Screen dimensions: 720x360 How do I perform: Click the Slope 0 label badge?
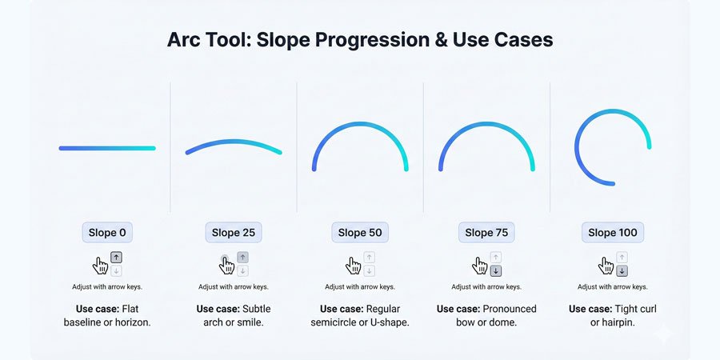tap(107, 232)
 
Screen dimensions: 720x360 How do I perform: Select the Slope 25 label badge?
tap(234, 232)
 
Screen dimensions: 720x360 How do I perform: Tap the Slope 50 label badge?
tap(360, 232)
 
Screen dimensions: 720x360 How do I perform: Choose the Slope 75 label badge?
tap(486, 232)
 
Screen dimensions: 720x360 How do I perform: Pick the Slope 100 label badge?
tap(613, 232)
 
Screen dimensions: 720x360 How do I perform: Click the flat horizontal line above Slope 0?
tap(107, 148)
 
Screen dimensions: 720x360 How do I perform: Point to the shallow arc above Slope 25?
tap(234, 141)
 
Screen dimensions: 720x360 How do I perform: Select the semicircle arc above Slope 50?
tap(360, 124)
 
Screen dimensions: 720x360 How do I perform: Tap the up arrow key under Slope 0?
tap(116, 258)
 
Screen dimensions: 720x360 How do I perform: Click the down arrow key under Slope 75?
tap(495, 271)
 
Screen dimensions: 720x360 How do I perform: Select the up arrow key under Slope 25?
tap(243, 258)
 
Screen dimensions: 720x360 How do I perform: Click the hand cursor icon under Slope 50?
tap(353, 266)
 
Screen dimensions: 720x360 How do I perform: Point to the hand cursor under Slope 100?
tap(606, 266)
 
